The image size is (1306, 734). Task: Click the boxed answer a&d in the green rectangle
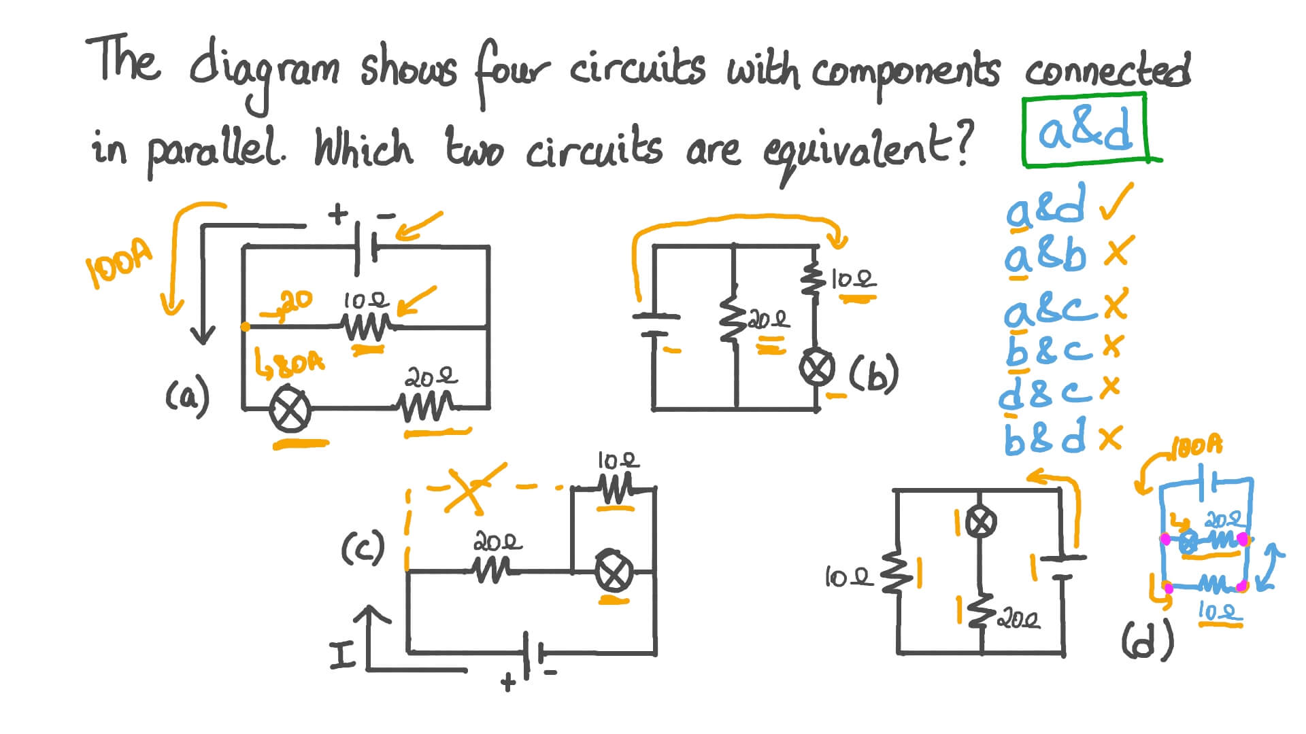1084,130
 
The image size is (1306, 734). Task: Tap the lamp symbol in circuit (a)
290,411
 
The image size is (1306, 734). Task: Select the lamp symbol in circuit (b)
816,368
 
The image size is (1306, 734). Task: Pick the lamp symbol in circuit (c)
614,573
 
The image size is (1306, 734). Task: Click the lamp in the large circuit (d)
980,522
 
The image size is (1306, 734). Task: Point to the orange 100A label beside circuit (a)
120,264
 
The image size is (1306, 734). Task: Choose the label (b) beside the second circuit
874,374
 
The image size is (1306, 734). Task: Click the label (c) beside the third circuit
363,548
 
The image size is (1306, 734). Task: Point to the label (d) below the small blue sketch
1148,642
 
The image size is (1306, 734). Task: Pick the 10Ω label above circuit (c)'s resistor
618,461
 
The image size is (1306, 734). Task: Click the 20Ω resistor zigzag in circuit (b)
732,320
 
